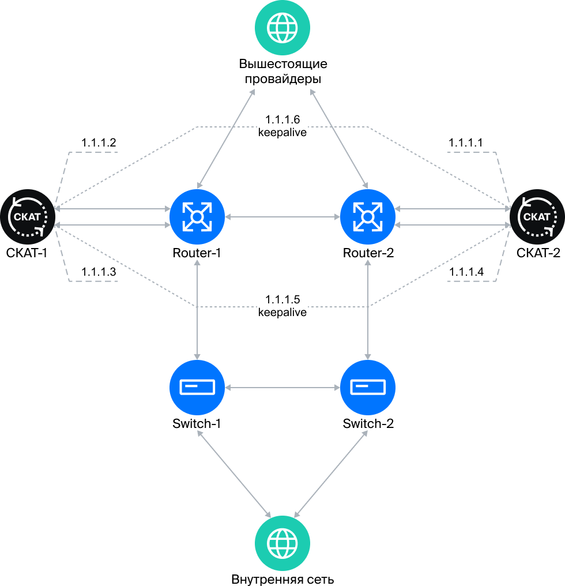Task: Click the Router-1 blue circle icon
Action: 197,217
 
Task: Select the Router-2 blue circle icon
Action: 368,217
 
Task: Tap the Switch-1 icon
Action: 197,388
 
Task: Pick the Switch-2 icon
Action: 368,388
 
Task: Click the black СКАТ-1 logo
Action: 28,217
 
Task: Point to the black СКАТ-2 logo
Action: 537,217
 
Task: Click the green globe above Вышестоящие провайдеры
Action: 282,28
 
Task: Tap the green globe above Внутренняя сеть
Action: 282,543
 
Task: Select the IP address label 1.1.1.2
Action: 99,142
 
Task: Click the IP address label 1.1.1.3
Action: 99,272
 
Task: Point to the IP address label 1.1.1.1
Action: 466,142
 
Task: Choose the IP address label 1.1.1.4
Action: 466,272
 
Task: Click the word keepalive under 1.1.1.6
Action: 282,133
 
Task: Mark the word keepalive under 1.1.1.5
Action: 282,313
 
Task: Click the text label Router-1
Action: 197,253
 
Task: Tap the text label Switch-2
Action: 368,423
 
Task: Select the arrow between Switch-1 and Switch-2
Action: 282,388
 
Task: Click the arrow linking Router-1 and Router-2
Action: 282,217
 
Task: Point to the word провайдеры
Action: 283,79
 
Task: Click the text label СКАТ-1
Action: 27,253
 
